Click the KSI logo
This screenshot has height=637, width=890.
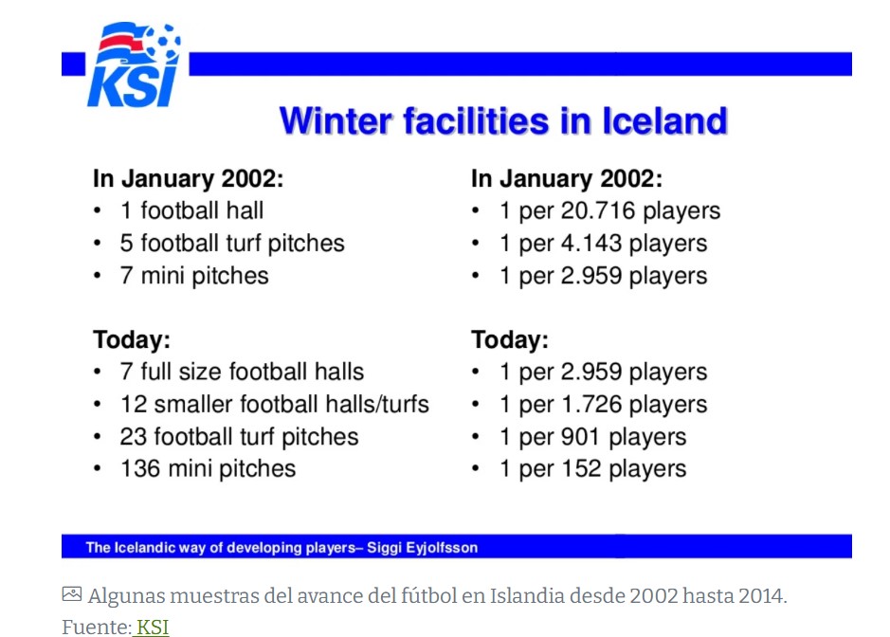pos(134,64)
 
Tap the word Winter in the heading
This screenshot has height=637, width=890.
pos(336,121)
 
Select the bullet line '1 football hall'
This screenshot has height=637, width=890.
pos(191,210)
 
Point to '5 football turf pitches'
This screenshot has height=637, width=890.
pos(232,244)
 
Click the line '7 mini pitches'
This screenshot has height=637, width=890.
pos(194,276)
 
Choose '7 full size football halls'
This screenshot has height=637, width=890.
pos(242,372)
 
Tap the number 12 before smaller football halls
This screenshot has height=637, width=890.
pos(133,405)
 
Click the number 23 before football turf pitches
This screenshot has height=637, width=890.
pos(133,437)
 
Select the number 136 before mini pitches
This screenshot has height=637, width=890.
pos(139,469)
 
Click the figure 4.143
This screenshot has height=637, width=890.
pos(591,244)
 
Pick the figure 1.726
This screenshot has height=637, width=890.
pos(591,405)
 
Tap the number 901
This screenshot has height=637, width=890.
pos(580,437)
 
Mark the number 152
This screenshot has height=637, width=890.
pos(581,469)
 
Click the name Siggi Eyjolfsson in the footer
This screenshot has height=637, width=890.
pos(423,548)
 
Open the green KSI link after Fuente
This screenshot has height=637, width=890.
pos(152,628)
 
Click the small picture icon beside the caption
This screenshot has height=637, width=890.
pos(71,594)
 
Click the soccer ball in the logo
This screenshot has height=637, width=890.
pos(163,41)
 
